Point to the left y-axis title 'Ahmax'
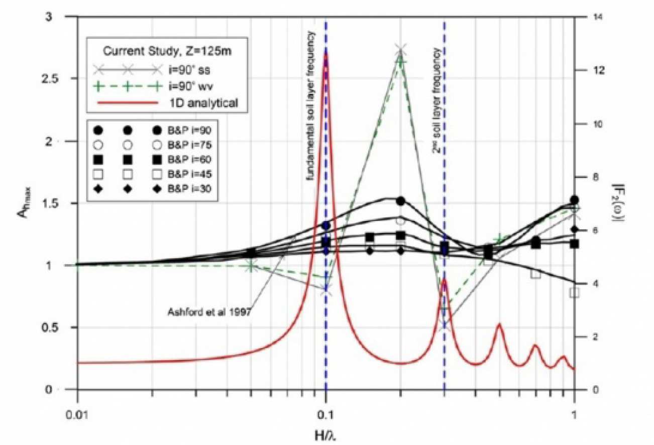(x=21, y=203)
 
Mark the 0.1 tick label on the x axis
(x=326, y=403)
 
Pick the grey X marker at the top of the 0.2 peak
(x=400, y=49)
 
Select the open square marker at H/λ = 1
(x=574, y=292)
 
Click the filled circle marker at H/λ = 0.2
(x=400, y=201)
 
